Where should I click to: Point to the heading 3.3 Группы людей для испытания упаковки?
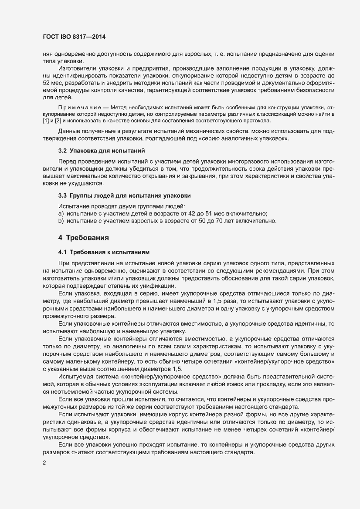coord(125,196)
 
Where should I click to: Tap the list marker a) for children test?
coord(61,213)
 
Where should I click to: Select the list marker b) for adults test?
coord(61,221)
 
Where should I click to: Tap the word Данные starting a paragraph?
coord(69,131)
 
